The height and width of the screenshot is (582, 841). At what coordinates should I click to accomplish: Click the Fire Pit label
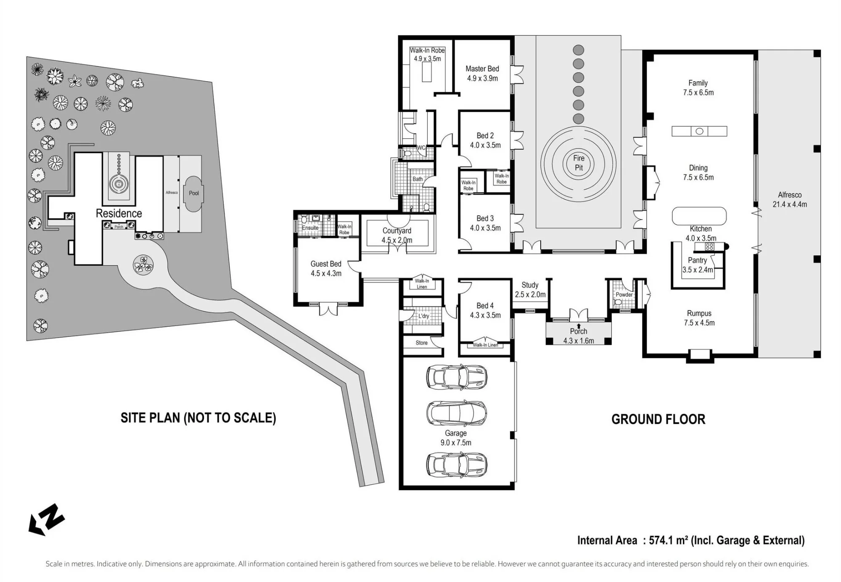coord(579,163)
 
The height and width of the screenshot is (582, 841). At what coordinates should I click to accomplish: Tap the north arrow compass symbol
coord(46,520)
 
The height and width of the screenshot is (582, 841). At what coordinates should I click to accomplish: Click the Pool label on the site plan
coord(194,193)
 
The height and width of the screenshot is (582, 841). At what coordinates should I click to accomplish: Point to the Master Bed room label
coord(482,73)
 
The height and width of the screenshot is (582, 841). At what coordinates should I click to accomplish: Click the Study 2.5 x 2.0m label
coord(530,290)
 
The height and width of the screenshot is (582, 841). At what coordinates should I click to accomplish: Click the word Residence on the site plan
coord(119,213)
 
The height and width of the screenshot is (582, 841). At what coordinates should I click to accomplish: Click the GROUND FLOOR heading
coord(658,419)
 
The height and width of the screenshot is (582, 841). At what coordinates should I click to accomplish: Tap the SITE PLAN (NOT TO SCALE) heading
coord(198,418)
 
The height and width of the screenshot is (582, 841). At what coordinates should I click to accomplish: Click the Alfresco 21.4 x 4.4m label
coord(790,200)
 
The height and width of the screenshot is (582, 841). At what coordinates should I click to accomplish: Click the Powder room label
coord(624,294)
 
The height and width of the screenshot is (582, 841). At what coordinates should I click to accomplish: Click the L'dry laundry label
coord(423,316)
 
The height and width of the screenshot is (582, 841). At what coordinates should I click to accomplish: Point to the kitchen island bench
coord(699,217)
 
